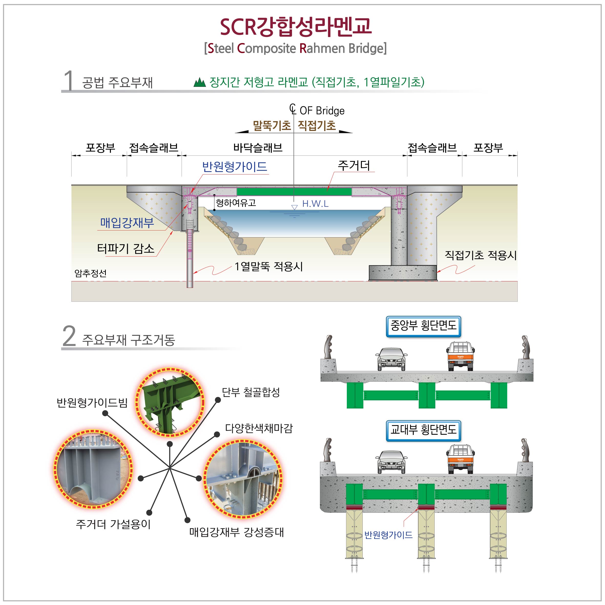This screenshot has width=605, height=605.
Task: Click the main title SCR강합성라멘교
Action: [296, 27]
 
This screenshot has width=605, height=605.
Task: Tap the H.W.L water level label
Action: [315, 204]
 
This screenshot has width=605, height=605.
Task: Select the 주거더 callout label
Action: [354, 165]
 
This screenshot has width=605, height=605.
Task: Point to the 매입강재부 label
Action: [127, 223]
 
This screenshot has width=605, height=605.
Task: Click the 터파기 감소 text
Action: [126, 249]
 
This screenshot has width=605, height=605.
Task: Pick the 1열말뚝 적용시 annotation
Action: [269, 266]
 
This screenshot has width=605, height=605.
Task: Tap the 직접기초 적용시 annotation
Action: [480, 255]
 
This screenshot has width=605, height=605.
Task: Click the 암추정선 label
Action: [90, 273]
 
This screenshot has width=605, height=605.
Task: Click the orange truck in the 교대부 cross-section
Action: [460, 458]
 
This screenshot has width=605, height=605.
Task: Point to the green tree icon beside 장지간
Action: [200, 82]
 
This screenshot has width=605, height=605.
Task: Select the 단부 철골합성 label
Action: [251, 392]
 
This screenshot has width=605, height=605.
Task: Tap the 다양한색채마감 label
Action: [259, 428]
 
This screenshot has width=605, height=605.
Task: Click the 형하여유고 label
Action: [236, 203]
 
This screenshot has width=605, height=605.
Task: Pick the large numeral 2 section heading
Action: [69, 336]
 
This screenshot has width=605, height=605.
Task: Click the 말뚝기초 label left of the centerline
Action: [272, 126]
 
